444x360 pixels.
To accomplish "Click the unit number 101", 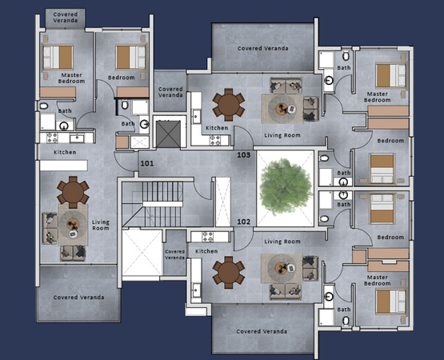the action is click(x=147, y=163).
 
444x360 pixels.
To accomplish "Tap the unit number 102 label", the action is click(x=243, y=222).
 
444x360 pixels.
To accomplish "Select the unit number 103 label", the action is click(x=243, y=155).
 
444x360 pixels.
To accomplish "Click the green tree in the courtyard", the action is click(x=286, y=187).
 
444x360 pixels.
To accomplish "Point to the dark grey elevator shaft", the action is click(x=169, y=134).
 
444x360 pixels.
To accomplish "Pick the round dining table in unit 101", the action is click(x=73, y=192).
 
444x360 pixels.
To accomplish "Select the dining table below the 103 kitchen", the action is click(x=229, y=105).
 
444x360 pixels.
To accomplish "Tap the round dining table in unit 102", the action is click(x=229, y=273).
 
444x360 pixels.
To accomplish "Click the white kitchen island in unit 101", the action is click(x=64, y=166).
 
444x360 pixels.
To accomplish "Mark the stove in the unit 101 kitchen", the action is click(x=52, y=138).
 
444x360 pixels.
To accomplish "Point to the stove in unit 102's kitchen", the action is click(x=207, y=237).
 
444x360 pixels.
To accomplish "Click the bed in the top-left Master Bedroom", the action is click(x=58, y=58).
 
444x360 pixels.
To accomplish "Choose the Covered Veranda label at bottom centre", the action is click(x=262, y=331).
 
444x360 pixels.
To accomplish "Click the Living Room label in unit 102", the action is click(x=282, y=242).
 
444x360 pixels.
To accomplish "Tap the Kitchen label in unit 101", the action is click(x=65, y=152).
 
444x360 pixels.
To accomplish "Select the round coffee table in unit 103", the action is click(x=282, y=108).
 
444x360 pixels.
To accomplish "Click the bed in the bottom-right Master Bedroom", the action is click(x=390, y=302).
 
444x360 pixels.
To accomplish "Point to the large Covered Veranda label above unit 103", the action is click(x=262, y=49).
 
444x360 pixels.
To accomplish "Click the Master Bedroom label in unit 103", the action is click(x=377, y=97).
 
